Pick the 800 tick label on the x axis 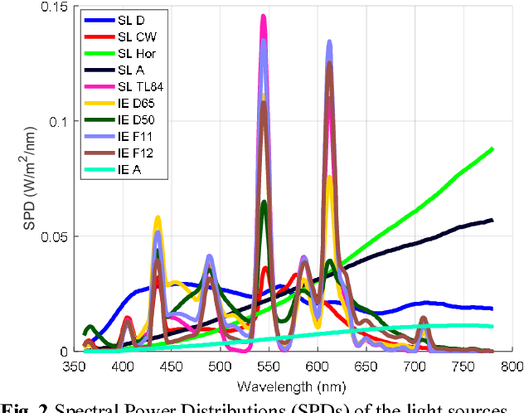point(510,366)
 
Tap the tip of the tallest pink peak point(264,16)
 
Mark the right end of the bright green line point(492,149)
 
